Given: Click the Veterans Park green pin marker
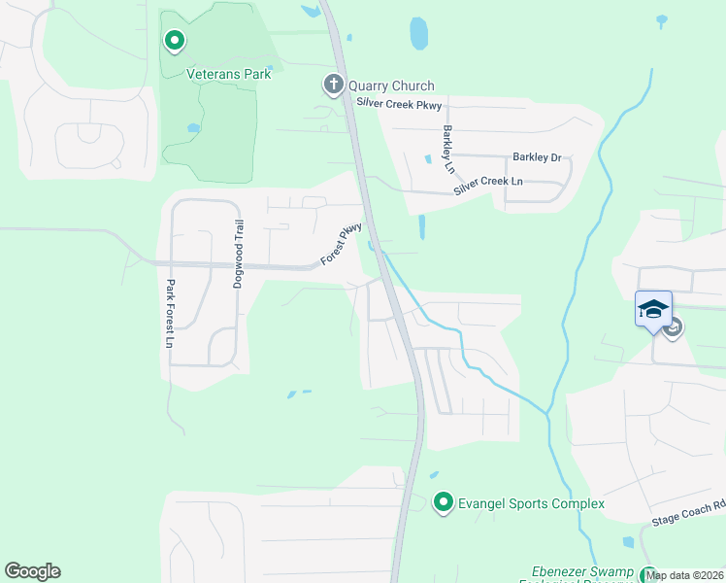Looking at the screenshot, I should coord(175,41).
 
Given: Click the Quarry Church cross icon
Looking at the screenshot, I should coord(333,86).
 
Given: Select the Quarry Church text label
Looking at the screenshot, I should coord(391,86).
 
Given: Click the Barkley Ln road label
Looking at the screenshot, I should coord(448,149).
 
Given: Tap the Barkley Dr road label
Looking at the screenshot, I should coord(537,156).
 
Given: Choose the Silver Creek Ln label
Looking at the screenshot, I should coord(488,186).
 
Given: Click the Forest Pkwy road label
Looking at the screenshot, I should coord(342,244).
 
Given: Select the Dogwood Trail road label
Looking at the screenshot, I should coord(238,254).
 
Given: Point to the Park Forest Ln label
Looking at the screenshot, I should coord(170,314).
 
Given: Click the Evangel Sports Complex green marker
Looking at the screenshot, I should coord(444,502).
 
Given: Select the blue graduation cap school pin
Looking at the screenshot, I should coord(653,310).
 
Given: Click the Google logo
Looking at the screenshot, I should coord(32,571).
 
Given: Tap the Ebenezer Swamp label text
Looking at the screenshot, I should coord(582,572).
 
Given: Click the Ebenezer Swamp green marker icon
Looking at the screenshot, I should coord(647,575).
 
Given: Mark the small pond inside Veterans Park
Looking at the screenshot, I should coord(193,127).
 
